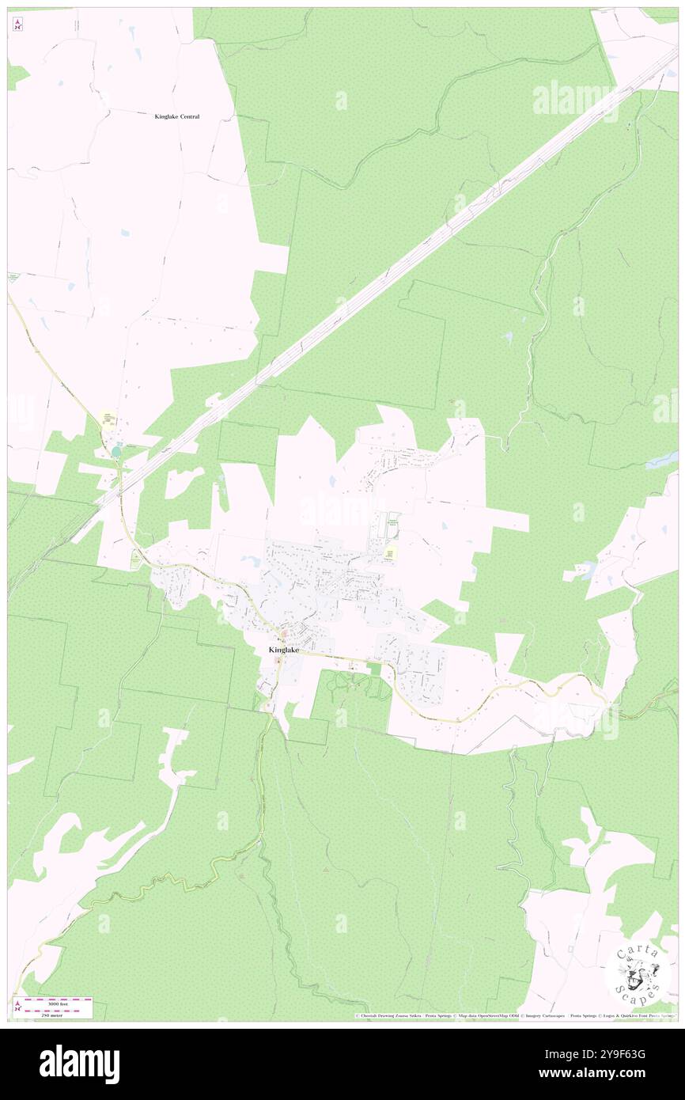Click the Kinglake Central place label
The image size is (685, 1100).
tap(176, 116)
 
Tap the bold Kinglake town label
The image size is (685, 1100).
tap(284, 650)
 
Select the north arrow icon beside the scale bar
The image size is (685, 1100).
tap(17, 1007)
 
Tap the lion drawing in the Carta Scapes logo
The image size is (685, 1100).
tap(637, 975)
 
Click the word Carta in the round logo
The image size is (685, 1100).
tap(637, 952)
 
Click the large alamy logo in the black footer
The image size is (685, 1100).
tap(79, 1064)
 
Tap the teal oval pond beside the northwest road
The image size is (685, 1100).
tap(117, 452)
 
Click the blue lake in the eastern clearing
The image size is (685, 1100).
tap(585, 568)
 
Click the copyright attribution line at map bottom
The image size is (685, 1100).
tap(514, 1015)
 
